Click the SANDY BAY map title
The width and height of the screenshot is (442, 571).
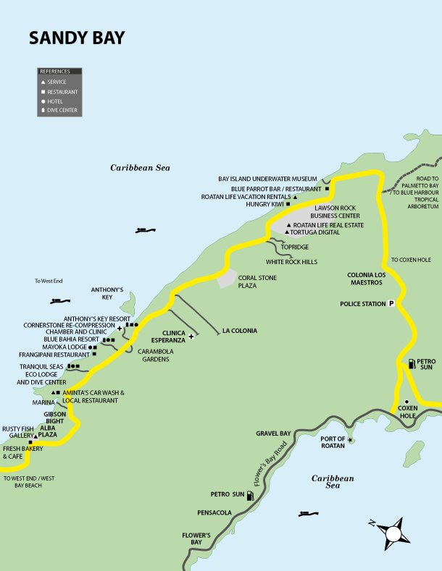point(77,38)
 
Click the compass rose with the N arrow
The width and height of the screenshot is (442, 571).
point(393,533)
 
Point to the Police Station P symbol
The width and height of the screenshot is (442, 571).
point(391,304)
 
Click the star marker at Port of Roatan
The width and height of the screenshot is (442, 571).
point(351,439)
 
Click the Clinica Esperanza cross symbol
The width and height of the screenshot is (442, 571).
point(191,336)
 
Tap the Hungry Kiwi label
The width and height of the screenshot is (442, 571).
point(264,204)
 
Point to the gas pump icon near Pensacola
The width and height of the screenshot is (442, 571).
point(250,495)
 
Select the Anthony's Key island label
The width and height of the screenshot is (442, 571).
point(108,292)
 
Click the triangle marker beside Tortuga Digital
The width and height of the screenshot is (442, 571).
point(287,232)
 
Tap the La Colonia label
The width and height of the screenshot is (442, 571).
point(240,331)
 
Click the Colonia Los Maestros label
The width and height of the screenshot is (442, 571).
point(370,279)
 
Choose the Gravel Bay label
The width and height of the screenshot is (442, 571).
point(273,433)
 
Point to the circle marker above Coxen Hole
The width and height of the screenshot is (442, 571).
point(407,402)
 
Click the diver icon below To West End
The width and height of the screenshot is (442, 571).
point(59,300)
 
